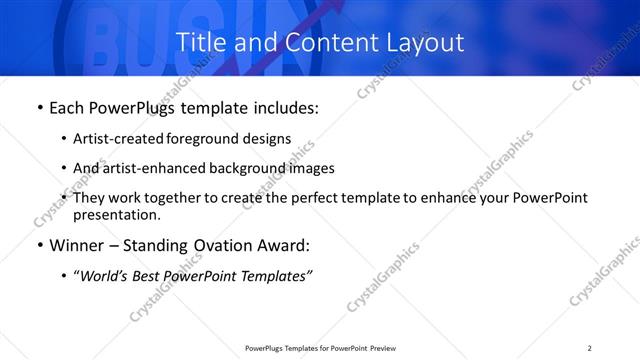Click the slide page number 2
(590, 348)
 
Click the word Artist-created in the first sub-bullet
(115, 139)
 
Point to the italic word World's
(105, 275)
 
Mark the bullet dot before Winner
(38, 245)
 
